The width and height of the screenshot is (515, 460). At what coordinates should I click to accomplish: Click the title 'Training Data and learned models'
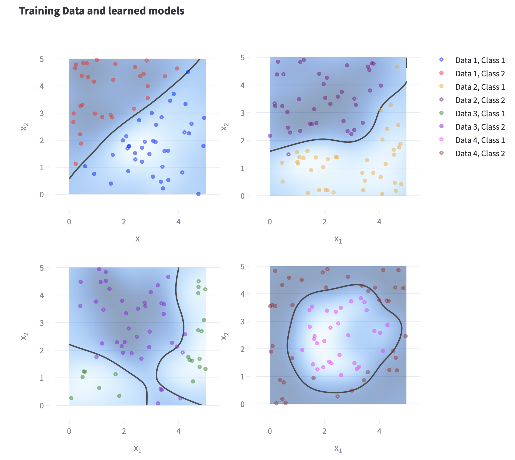point(102,11)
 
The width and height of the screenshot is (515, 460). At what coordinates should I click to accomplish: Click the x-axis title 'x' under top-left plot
point(137,239)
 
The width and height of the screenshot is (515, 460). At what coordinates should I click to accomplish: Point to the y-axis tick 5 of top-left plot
point(42,59)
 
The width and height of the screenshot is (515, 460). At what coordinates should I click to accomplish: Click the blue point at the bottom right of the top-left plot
point(198,194)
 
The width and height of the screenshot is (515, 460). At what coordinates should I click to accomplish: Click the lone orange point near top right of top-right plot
point(397,67)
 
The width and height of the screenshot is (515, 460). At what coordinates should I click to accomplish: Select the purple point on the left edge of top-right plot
point(270,136)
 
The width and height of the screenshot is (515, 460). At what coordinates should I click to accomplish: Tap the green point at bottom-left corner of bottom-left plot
point(71,398)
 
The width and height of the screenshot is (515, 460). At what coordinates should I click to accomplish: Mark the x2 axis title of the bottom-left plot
point(24,336)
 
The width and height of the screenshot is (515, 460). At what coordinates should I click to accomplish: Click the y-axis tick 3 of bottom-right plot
point(242,322)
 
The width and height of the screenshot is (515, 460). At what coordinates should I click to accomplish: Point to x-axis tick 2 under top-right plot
point(325,222)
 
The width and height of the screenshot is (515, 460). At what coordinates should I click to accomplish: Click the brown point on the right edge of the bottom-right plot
point(405,336)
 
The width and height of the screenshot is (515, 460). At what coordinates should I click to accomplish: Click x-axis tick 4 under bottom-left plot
point(179,431)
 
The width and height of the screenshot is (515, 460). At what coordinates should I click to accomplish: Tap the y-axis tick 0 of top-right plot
point(242,196)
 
